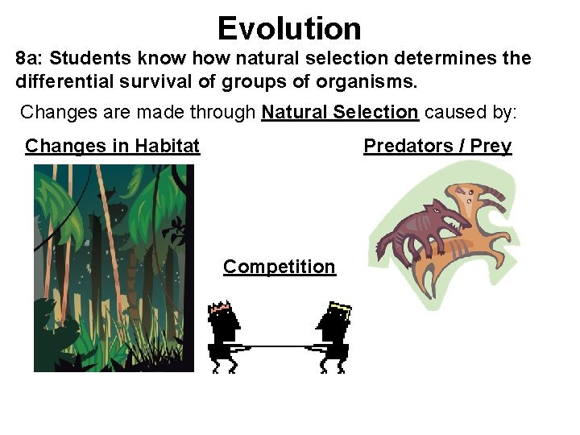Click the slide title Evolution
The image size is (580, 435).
click(289, 28)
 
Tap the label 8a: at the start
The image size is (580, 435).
click(30, 59)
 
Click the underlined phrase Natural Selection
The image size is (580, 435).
click(340, 112)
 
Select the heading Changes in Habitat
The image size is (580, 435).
click(112, 146)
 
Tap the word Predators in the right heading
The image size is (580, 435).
click(408, 146)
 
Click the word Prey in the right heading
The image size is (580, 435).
click(491, 146)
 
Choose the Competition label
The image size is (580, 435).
click(279, 267)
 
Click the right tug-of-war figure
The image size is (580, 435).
click(333, 338)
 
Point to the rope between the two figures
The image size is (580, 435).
click(278, 346)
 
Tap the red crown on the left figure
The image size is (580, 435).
click(219, 307)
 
